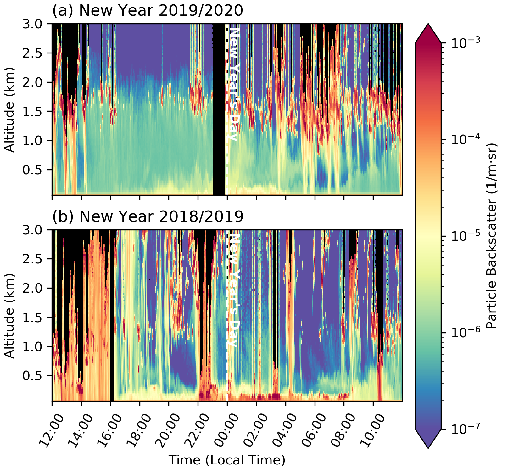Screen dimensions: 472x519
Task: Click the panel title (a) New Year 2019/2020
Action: click(x=148, y=11)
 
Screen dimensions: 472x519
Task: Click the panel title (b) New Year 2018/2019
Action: click(x=148, y=216)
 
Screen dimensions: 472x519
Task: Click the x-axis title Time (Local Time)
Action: click(x=227, y=460)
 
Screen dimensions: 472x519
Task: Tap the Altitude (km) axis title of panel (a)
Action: click(x=10, y=110)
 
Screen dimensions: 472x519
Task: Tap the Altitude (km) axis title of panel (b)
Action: click(x=10, y=316)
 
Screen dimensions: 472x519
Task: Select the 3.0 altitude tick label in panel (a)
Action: click(x=35, y=24)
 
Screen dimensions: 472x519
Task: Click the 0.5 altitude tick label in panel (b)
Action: click(x=35, y=376)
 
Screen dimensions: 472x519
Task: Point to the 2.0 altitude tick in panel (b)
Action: click(x=35, y=288)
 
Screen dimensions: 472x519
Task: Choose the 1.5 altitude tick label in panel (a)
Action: click(x=35, y=111)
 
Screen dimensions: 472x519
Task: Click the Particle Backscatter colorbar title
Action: click(x=491, y=236)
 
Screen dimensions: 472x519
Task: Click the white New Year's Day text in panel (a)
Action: click(x=233, y=84)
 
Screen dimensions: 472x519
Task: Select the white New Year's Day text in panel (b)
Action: click(x=233, y=289)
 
